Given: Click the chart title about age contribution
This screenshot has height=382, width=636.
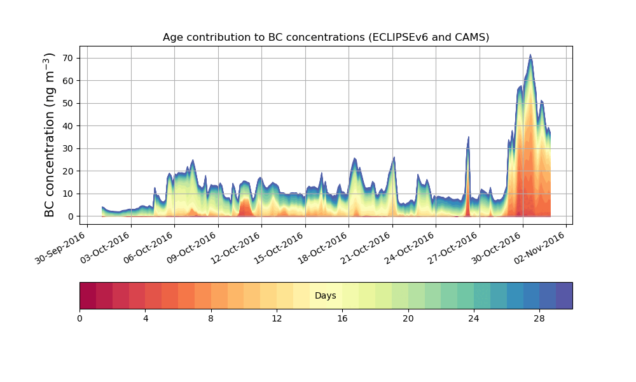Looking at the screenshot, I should pos(326,37).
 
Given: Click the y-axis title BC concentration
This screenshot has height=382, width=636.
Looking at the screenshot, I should pos(50,134).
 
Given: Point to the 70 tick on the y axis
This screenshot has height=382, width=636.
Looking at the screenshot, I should pos(67,58).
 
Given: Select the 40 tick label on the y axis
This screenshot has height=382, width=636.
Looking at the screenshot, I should pos(67,126).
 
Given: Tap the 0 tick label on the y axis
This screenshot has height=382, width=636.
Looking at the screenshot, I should pos(70,216).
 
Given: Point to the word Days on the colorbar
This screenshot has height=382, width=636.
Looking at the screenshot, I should pos(326,296).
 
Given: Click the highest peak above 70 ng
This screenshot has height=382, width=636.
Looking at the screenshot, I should pos(530,55).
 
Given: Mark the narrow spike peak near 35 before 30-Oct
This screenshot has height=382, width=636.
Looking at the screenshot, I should pos(469,138).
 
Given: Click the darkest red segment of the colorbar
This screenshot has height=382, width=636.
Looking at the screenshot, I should pos(88,295).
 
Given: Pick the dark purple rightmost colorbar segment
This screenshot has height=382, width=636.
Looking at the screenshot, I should pos(564,295).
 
